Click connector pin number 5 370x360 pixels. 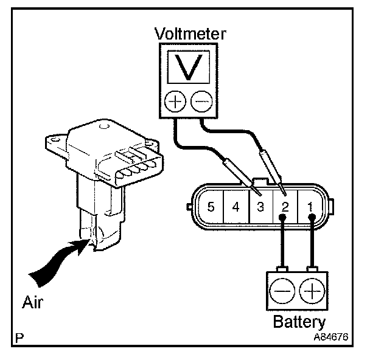[x=211, y=207]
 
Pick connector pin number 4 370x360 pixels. [x=236, y=207]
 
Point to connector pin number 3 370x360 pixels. [x=260, y=207]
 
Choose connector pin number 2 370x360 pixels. [x=284, y=207]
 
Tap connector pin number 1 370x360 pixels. [x=310, y=207]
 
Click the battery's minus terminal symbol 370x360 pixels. [x=282, y=292]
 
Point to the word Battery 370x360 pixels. [x=298, y=322]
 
